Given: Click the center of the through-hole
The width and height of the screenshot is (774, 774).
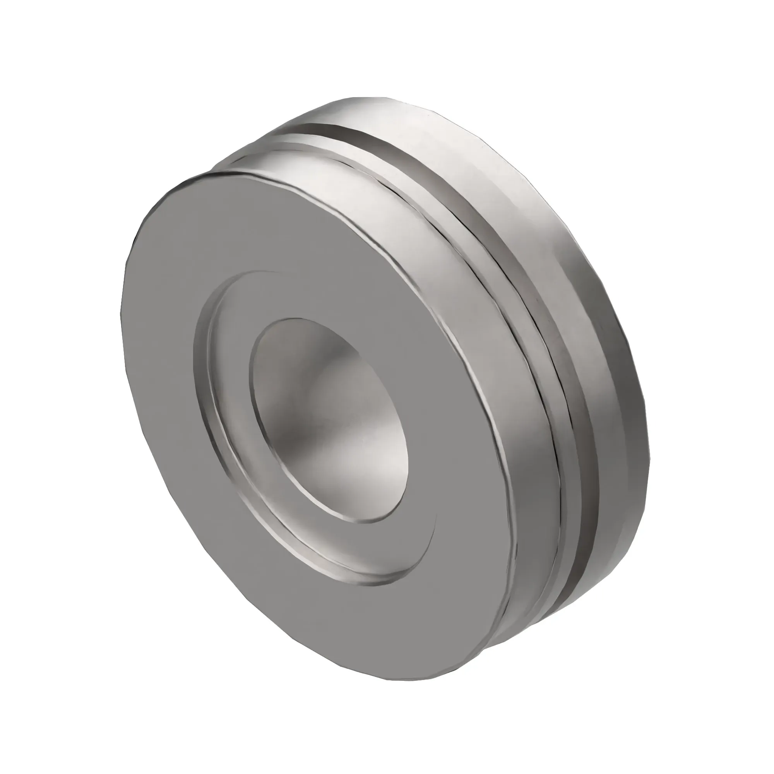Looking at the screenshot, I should (329, 421).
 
